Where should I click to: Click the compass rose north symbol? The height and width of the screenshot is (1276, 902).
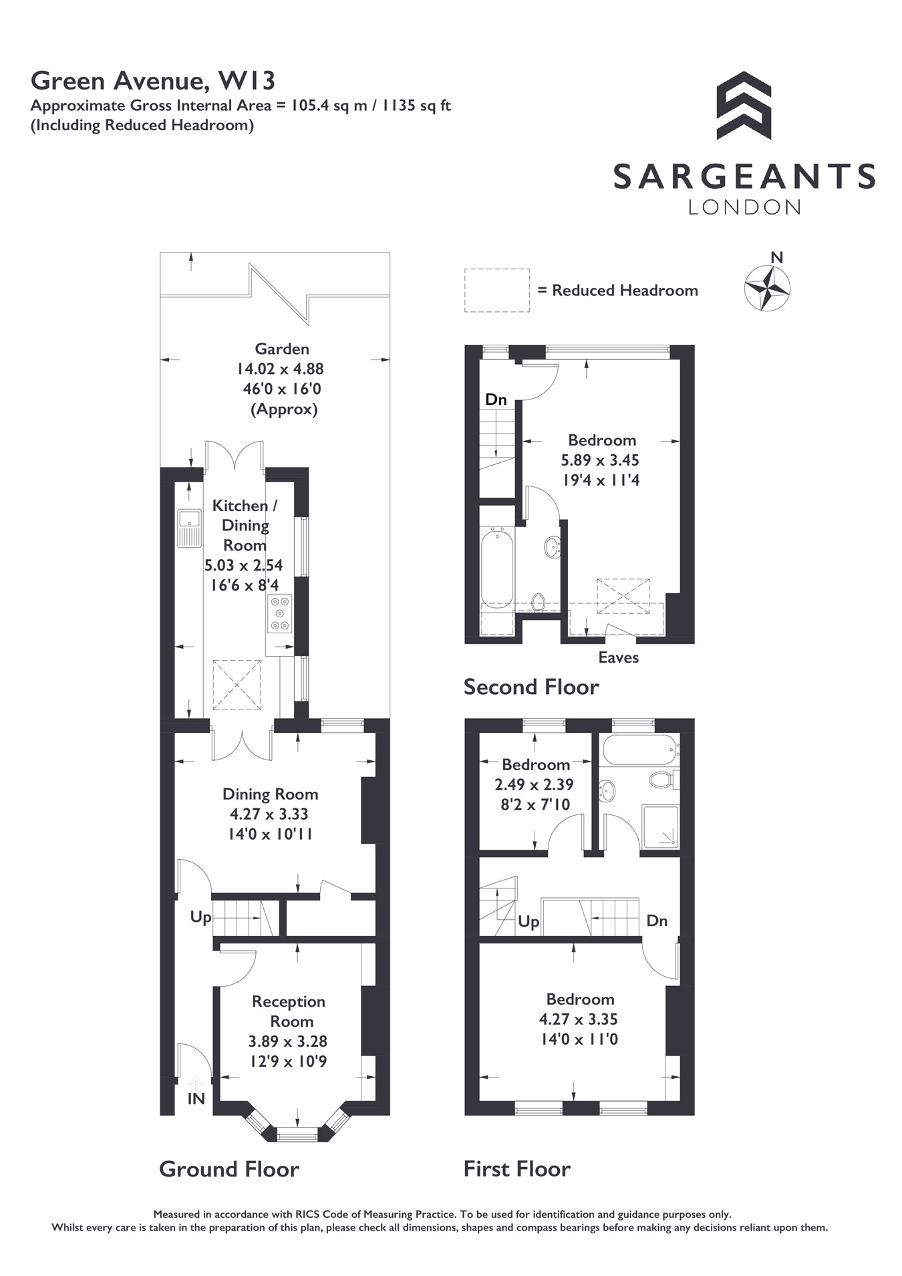tap(767, 288)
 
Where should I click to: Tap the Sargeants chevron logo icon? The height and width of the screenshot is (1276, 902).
tap(744, 106)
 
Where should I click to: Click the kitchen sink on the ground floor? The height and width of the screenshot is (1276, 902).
tap(190, 528)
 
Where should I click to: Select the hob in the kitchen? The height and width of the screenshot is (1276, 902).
tap(279, 613)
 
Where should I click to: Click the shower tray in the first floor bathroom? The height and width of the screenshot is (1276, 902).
tap(660, 827)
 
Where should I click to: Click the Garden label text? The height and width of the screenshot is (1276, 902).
tap(282, 349)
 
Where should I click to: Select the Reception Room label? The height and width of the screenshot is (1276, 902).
tap(289, 1011)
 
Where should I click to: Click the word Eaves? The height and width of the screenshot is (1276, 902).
tap(618, 657)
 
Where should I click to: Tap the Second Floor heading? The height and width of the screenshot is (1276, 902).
tap(531, 687)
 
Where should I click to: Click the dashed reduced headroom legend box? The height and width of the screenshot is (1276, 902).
tap(497, 291)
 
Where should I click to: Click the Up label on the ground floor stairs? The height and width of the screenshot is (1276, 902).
tap(200, 917)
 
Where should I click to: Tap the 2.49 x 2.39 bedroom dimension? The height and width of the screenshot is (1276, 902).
tap(534, 784)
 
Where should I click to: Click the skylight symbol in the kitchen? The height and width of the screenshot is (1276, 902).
tap(237, 685)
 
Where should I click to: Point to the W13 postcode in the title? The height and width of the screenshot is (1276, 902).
tap(247, 81)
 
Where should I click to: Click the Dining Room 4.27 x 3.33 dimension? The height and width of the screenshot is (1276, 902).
tap(269, 814)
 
